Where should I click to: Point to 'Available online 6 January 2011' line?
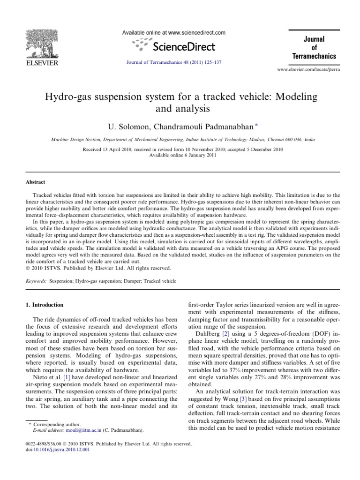(x=180, y=155)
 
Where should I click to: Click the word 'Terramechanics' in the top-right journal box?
(x=314, y=56)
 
